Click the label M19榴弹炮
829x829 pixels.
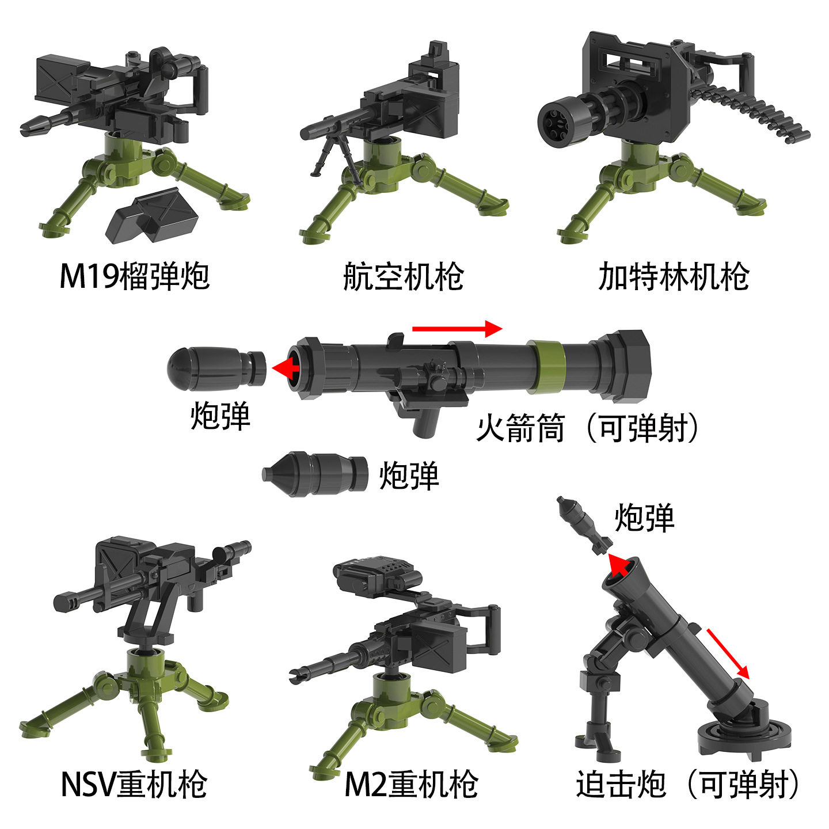point(134,276)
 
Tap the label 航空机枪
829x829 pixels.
point(403,276)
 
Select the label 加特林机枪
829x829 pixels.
point(673,276)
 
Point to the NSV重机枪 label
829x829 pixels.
point(134,784)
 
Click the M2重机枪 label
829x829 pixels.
point(411,784)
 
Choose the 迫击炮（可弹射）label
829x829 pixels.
point(688,784)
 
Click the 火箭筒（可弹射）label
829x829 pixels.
point(587,428)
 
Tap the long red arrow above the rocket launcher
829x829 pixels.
point(457,329)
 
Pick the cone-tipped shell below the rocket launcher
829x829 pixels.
point(315,473)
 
